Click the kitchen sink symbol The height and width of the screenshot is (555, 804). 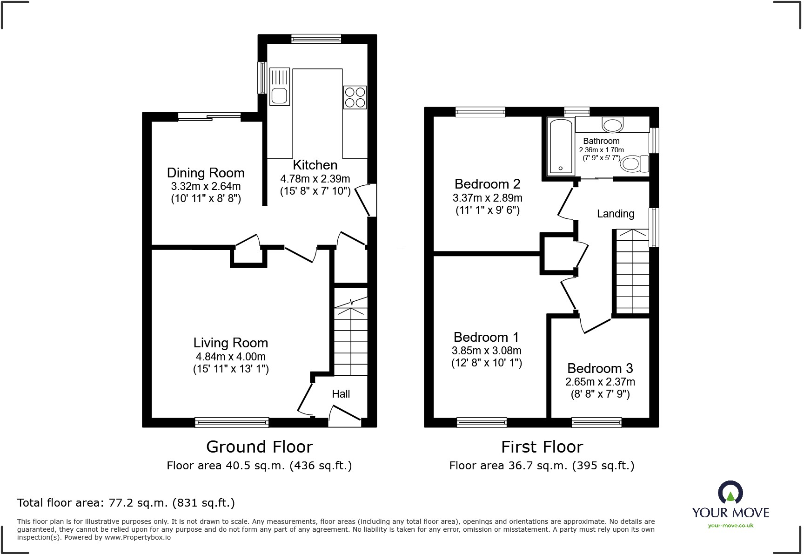[x=280, y=87]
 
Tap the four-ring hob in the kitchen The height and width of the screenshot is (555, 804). [x=355, y=97]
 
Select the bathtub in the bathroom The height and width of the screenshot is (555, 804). [x=560, y=146]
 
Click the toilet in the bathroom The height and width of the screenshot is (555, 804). [x=635, y=164]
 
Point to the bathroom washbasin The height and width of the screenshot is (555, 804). [x=612, y=125]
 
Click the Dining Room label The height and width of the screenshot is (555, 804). [x=206, y=173]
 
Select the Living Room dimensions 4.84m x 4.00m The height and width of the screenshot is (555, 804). [x=231, y=357]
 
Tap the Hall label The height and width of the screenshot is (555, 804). [x=341, y=394]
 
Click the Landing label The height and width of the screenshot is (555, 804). [x=616, y=214]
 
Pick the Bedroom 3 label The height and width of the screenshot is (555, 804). [x=600, y=368]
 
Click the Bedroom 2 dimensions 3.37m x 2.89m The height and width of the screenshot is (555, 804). [x=487, y=198]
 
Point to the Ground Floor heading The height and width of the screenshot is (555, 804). [x=259, y=447]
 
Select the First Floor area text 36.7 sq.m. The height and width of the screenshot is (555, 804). [x=542, y=466]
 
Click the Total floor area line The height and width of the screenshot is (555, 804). [x=126, y=503]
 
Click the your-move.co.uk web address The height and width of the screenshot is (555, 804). [x=730, y=526]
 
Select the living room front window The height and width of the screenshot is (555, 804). [x=232, y=422]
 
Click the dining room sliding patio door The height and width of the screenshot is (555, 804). [x=209, y=117]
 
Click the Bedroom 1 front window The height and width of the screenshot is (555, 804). [x=482, y=422]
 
